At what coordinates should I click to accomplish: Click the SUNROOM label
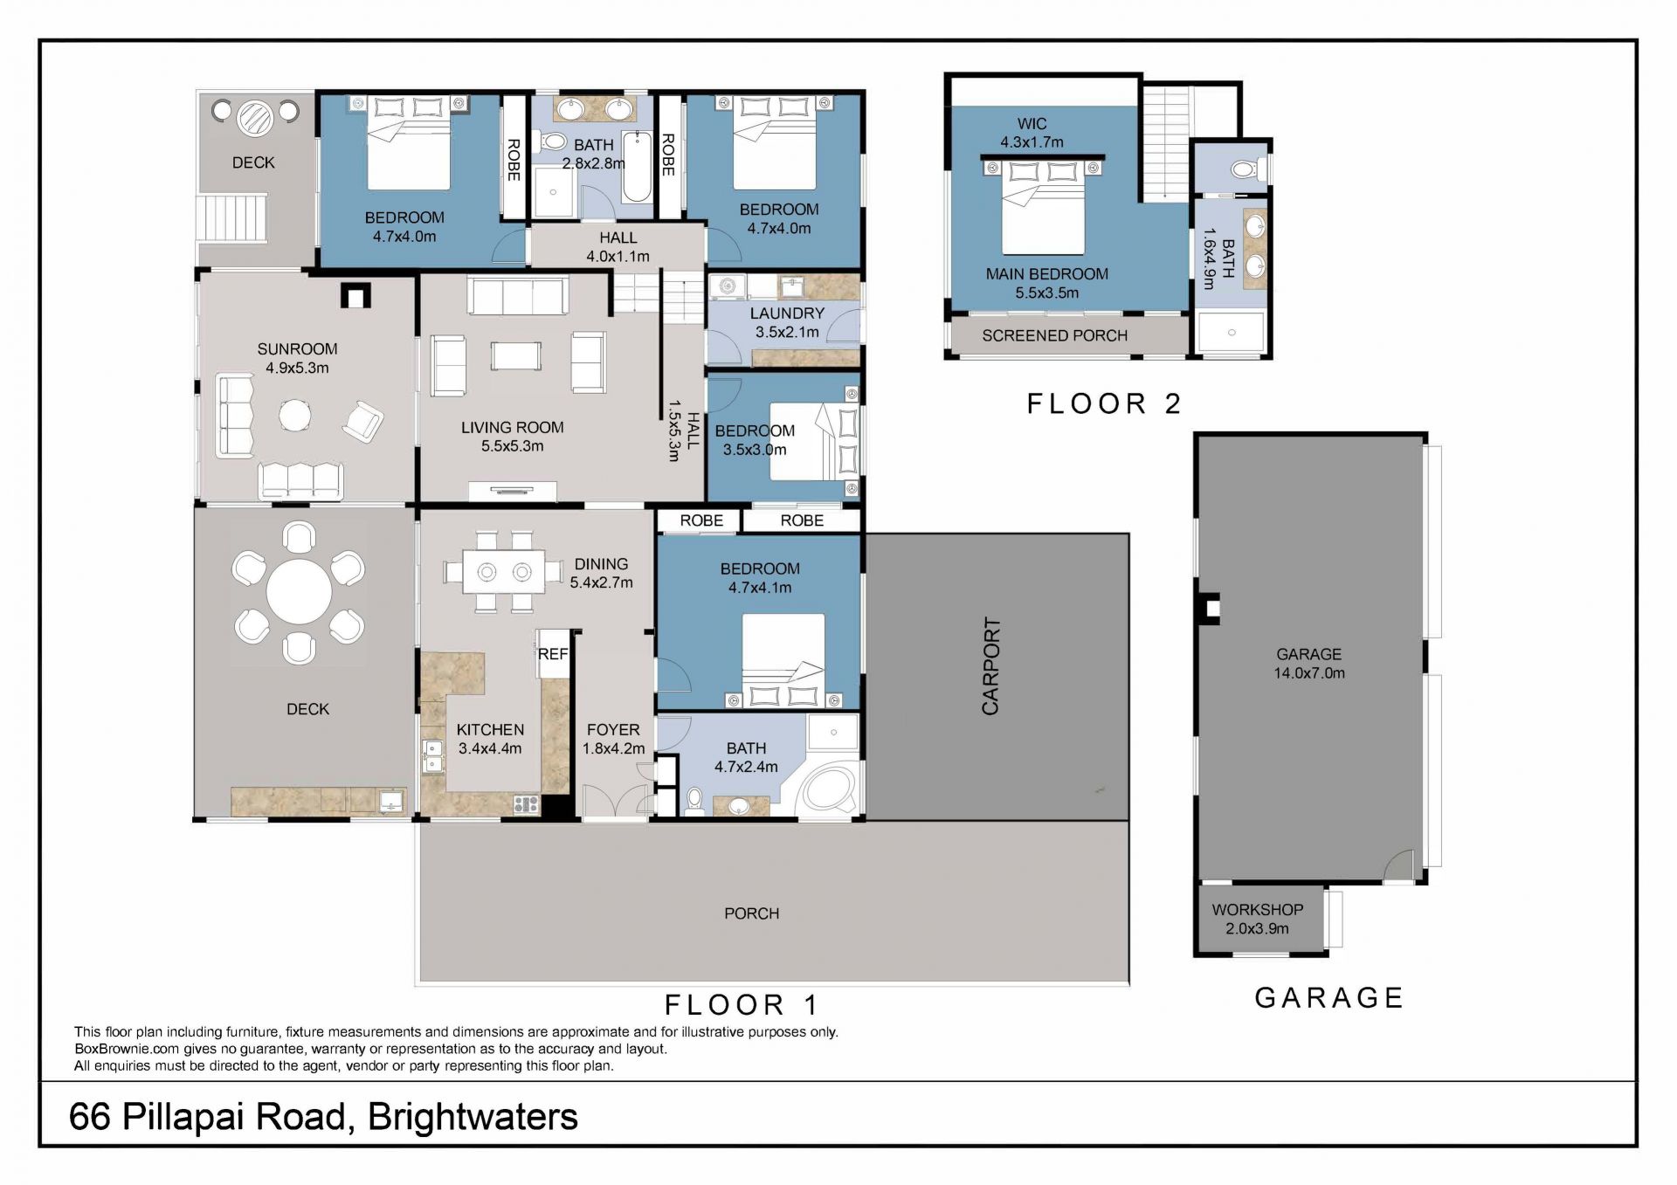click(x=297, y=348)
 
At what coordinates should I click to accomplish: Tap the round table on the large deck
click(x=299, y=591)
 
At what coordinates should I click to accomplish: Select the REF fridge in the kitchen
click(x=553, y=653)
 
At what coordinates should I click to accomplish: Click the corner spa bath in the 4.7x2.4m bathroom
click(x=829, y=789)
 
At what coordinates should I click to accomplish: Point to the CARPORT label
click(x=990, y=666)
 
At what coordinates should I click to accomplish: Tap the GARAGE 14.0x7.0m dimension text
click(x=1308, y=673)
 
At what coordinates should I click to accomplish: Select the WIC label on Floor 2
click(x=1032, y=124)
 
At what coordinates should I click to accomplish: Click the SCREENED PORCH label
click(x=1054, y=335)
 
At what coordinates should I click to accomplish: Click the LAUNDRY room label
click(x=787, y=313)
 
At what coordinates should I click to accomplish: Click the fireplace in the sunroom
click(x=355, y=296)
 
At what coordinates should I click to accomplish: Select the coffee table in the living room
click(x=516, y=356)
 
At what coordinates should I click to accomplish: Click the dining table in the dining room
click(x=504, y=572)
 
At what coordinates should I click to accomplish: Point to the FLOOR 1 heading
click(x=742, y=1005)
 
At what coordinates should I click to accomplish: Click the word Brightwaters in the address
click(x=473, y=1117)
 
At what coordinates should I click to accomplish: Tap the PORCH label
click(x=751, y=913)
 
